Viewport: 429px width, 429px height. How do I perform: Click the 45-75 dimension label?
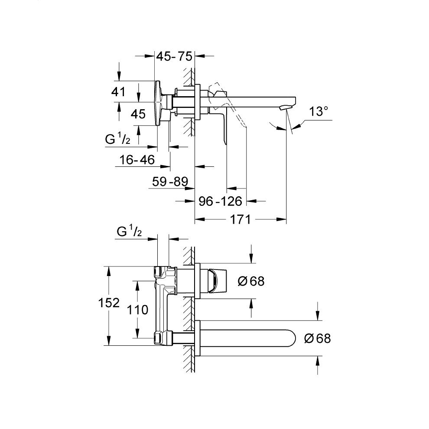(174, 55)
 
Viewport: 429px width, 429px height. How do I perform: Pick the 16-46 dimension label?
(137, 160)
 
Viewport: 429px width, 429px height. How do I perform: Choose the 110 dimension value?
(139, 309)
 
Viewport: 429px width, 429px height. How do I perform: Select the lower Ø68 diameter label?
(317, 338)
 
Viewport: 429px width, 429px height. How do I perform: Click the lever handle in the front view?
(214, 281)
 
